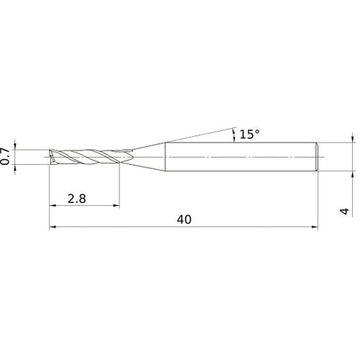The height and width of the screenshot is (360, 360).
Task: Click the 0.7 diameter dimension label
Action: point(5,156)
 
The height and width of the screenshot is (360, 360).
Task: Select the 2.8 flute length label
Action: point(76,199)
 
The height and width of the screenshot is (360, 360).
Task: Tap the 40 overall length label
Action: point(184,220)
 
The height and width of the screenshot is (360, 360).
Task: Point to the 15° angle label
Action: point(250,134)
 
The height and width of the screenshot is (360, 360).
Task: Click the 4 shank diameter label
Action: point(344,211)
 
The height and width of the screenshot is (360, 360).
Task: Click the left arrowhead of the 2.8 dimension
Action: point(53,205)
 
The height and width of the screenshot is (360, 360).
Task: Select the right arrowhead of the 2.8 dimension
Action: point(116,205)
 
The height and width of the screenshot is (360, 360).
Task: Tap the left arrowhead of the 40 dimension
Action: point(53,227)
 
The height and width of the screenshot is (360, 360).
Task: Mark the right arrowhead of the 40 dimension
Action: point(315,227)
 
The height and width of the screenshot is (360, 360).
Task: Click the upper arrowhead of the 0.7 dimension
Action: point(15,146)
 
